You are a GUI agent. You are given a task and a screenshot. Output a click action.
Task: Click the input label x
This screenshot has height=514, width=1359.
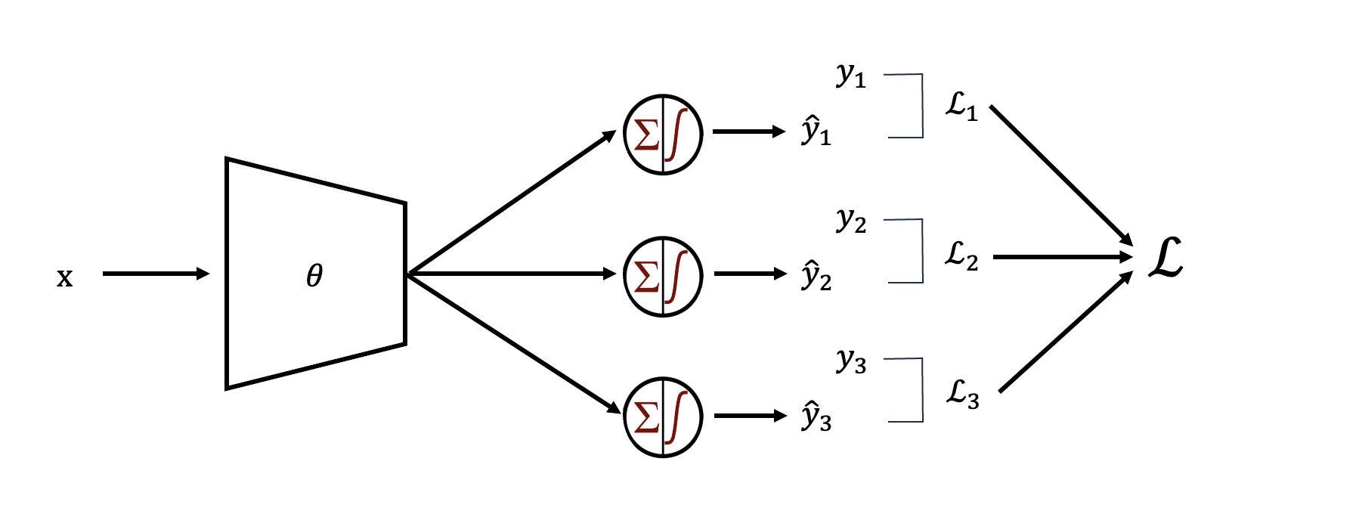[65, 278]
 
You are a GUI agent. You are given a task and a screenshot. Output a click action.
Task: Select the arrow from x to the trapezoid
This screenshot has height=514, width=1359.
[155, 274]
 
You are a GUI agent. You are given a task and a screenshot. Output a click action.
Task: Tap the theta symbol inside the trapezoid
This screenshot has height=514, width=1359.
[314, 276]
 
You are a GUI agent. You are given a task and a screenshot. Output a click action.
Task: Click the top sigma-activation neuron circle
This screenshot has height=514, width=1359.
[663, 135]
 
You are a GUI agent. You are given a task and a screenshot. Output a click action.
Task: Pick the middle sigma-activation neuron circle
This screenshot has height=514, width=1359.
[663, 277]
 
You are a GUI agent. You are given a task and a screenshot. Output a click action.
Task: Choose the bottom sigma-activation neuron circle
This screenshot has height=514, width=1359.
[663, 417]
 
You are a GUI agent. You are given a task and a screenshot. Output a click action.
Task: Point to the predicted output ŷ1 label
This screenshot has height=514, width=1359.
[816, 131]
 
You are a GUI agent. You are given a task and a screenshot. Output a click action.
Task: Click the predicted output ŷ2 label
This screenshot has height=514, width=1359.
[816, 276]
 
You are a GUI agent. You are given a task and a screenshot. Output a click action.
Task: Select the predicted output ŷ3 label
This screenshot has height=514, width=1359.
[816, 417]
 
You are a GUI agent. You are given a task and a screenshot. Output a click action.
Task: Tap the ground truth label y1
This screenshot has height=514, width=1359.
[851, 76]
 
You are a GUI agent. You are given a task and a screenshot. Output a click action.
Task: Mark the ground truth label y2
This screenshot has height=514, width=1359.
[851, 221]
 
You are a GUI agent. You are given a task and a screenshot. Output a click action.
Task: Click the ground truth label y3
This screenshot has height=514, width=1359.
[851, 361]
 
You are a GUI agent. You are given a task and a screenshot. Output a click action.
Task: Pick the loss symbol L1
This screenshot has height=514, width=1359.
[961, 106]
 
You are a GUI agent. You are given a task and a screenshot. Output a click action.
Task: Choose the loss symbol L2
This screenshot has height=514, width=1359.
[961, 256]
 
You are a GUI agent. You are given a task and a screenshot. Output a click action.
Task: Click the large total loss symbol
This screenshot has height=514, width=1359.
[1165, 259]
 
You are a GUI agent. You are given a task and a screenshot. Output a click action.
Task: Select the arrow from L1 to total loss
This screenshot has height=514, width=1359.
[1061, 175]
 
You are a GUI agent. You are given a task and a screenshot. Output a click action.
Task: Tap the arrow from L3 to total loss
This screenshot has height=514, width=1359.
[1065, 332]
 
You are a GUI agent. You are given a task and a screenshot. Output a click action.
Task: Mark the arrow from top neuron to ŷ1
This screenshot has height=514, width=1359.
[748, 132]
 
